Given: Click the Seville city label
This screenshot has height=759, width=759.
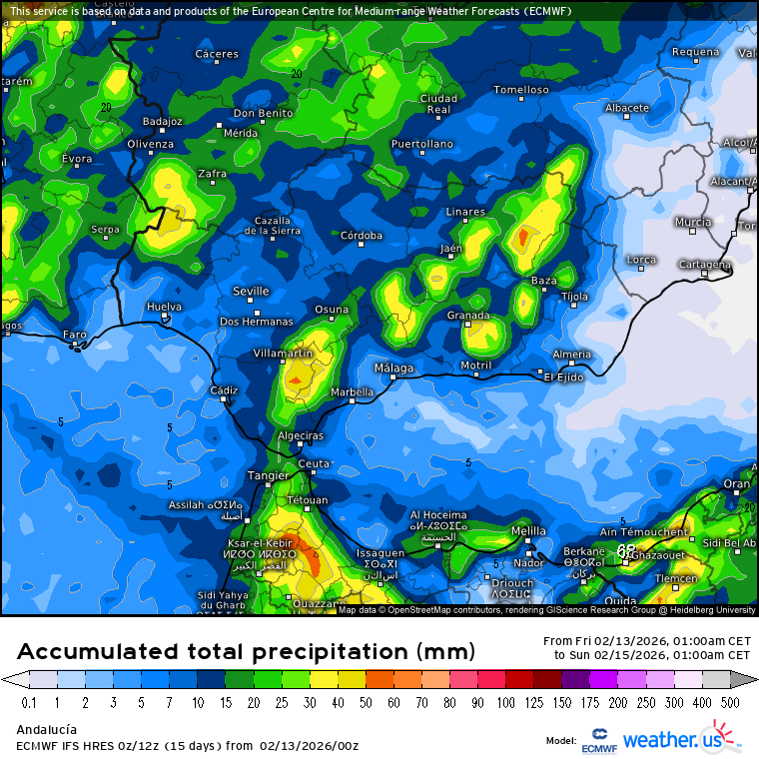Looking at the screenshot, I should pos(251,291).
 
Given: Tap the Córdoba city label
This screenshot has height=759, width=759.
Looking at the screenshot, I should pos(362,236).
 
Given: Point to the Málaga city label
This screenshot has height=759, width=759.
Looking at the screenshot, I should pos(393,368).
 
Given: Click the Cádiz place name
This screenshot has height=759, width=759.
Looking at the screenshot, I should pos(224,389).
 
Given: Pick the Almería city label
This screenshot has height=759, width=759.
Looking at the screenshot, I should pos(572,355).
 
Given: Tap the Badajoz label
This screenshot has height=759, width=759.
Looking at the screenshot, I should pos(163,121).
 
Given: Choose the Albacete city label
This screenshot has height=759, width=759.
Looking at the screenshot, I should pos(627,108).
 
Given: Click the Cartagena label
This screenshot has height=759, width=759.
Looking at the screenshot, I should pos(704,265).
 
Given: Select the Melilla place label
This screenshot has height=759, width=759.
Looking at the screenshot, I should pos(528,530).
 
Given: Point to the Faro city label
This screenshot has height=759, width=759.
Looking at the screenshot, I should pos(75,335).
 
